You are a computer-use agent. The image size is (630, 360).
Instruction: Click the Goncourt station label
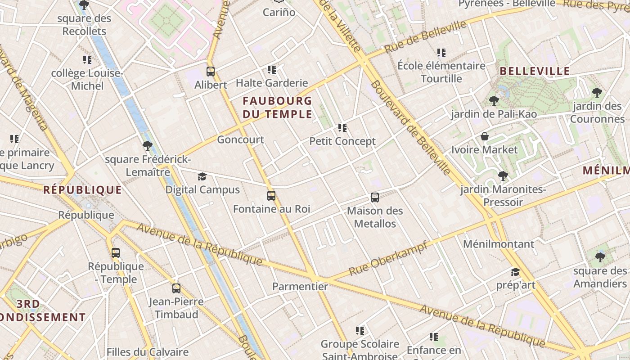point(240,139)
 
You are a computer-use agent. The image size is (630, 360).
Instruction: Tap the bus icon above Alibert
point(210,71)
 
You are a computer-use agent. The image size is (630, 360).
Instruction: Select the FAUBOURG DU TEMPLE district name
point(277,107)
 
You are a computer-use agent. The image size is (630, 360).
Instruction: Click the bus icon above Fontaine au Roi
point(271,195)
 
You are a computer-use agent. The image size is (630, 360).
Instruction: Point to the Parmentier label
point(300,286)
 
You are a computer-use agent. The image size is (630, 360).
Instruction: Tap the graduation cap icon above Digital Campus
point(202,176)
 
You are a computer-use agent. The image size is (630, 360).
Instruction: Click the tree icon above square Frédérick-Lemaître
point(147,146)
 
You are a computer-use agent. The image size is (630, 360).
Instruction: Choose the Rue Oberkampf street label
point(388,258)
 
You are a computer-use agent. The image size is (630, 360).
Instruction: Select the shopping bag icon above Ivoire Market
point(485,136)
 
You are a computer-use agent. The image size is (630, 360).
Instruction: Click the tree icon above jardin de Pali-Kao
point(494,101)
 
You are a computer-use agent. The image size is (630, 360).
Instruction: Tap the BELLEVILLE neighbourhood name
point(535,71)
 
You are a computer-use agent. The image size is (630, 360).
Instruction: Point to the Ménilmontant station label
point(499,244)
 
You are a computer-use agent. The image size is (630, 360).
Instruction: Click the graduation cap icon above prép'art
point(515,272)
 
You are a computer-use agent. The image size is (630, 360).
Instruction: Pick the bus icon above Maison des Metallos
point(374,197)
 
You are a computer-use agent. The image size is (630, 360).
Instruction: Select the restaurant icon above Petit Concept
point(342,128)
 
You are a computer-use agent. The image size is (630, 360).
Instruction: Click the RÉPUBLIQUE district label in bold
point(82,190)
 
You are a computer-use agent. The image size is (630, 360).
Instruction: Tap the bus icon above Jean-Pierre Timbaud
point(176,288)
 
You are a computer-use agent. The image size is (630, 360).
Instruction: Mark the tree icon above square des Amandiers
point(600,257)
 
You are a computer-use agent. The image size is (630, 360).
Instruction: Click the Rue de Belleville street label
point(425,36)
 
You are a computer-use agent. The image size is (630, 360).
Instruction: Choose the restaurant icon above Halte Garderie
point(271,69)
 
